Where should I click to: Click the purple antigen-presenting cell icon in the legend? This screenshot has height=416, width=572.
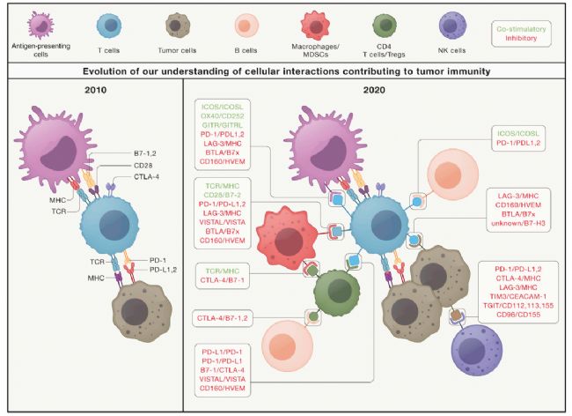[40, 26]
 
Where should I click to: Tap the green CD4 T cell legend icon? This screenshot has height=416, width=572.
[385, 26]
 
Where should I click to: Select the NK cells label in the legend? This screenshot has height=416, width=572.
[451, 50]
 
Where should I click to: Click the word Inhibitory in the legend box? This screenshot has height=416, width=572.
[521, 38]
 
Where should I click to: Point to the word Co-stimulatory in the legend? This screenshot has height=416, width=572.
[521, 29]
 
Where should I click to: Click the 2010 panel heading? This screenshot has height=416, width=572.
[96, 90]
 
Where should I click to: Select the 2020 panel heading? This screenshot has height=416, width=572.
[374, 90]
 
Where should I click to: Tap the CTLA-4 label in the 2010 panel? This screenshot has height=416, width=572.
[147, 177]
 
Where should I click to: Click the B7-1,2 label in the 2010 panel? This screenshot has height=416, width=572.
[145, 153]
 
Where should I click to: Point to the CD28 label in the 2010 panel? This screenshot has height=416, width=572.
[143, 166]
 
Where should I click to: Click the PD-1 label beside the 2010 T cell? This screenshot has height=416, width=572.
[158, 260]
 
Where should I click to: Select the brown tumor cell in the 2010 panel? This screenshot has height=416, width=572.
[142, 311]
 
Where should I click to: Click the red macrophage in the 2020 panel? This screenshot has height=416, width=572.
[287, 238]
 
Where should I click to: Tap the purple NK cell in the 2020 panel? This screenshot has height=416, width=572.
[477, 350]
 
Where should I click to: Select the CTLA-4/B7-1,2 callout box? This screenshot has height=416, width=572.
[222, 318]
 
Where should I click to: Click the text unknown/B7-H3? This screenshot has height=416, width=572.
[518, 223]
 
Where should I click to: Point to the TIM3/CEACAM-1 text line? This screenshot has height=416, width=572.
[518, 296]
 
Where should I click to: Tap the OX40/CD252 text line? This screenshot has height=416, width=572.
[222, 115]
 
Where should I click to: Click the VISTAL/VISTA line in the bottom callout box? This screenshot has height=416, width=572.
[222, 379]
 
